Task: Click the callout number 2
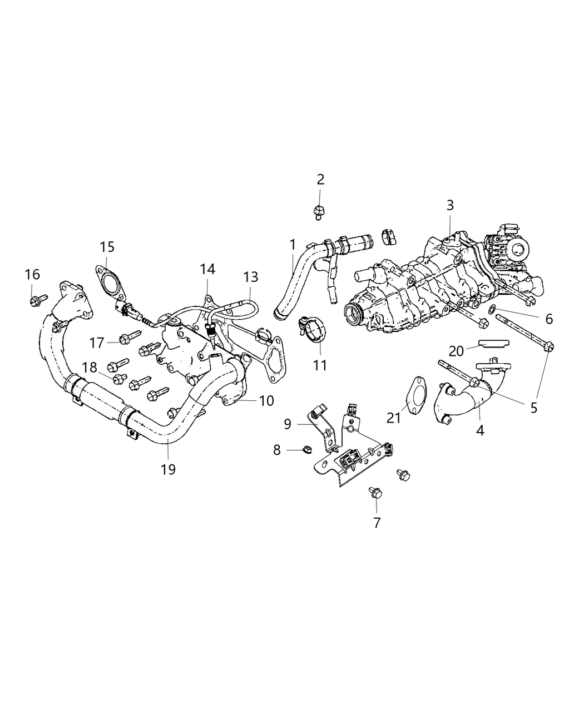pyautogui.click(x=320, y=179)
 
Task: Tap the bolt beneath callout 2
pyautogui.click(x=319, y=212)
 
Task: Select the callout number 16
pyautogui.click(x=32, y=274)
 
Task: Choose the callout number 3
pyautogui.click(x=450, y=205)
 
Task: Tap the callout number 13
pyautogui.click(x=250, y=276)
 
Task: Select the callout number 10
pyautogui.click(x=266, y=400)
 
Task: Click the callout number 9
pyautogui.click(x=288, y=424)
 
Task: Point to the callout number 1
pyautogui.click(x=293, y=244)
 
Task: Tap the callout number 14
pyautogui.click(x=207, y=269)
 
